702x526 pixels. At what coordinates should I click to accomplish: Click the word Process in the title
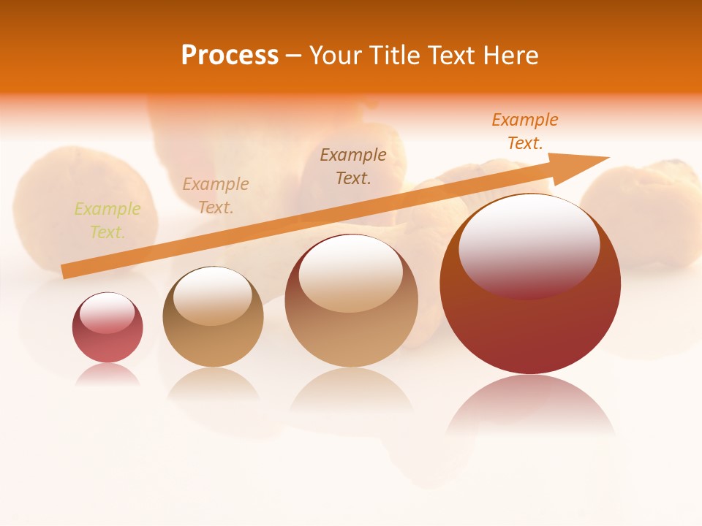pos(230,56)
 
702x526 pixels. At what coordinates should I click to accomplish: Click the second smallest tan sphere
pos(213,317)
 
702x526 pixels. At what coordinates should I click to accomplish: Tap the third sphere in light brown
pos(351,301)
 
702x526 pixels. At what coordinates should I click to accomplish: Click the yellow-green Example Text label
pos(107,221)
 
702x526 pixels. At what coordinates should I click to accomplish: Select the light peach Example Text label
pos(216,196)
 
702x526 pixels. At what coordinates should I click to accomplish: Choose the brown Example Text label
pos(353,166)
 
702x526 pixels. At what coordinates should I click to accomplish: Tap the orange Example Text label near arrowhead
pos(524,131)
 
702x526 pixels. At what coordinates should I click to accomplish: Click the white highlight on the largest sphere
pos(529,245)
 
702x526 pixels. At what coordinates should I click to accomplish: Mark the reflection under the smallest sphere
pos(107,375)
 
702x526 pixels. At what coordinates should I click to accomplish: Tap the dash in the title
pos(294,56)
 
